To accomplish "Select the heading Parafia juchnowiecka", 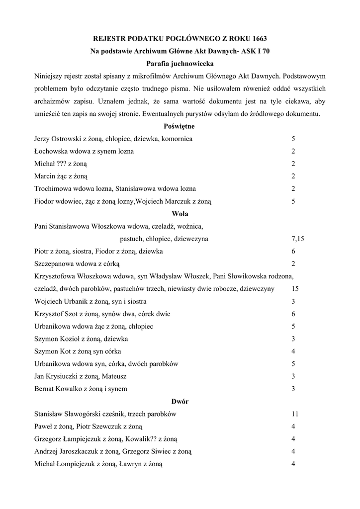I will point(180,63).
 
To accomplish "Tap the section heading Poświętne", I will point(180,126).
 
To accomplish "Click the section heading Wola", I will point(180,214).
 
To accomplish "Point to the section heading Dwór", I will point(180,401).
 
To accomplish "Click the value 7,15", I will point(298,239).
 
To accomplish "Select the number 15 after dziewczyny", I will point(295,289).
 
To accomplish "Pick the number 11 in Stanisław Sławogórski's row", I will point(295,414).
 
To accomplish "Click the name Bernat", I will point(45,389).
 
